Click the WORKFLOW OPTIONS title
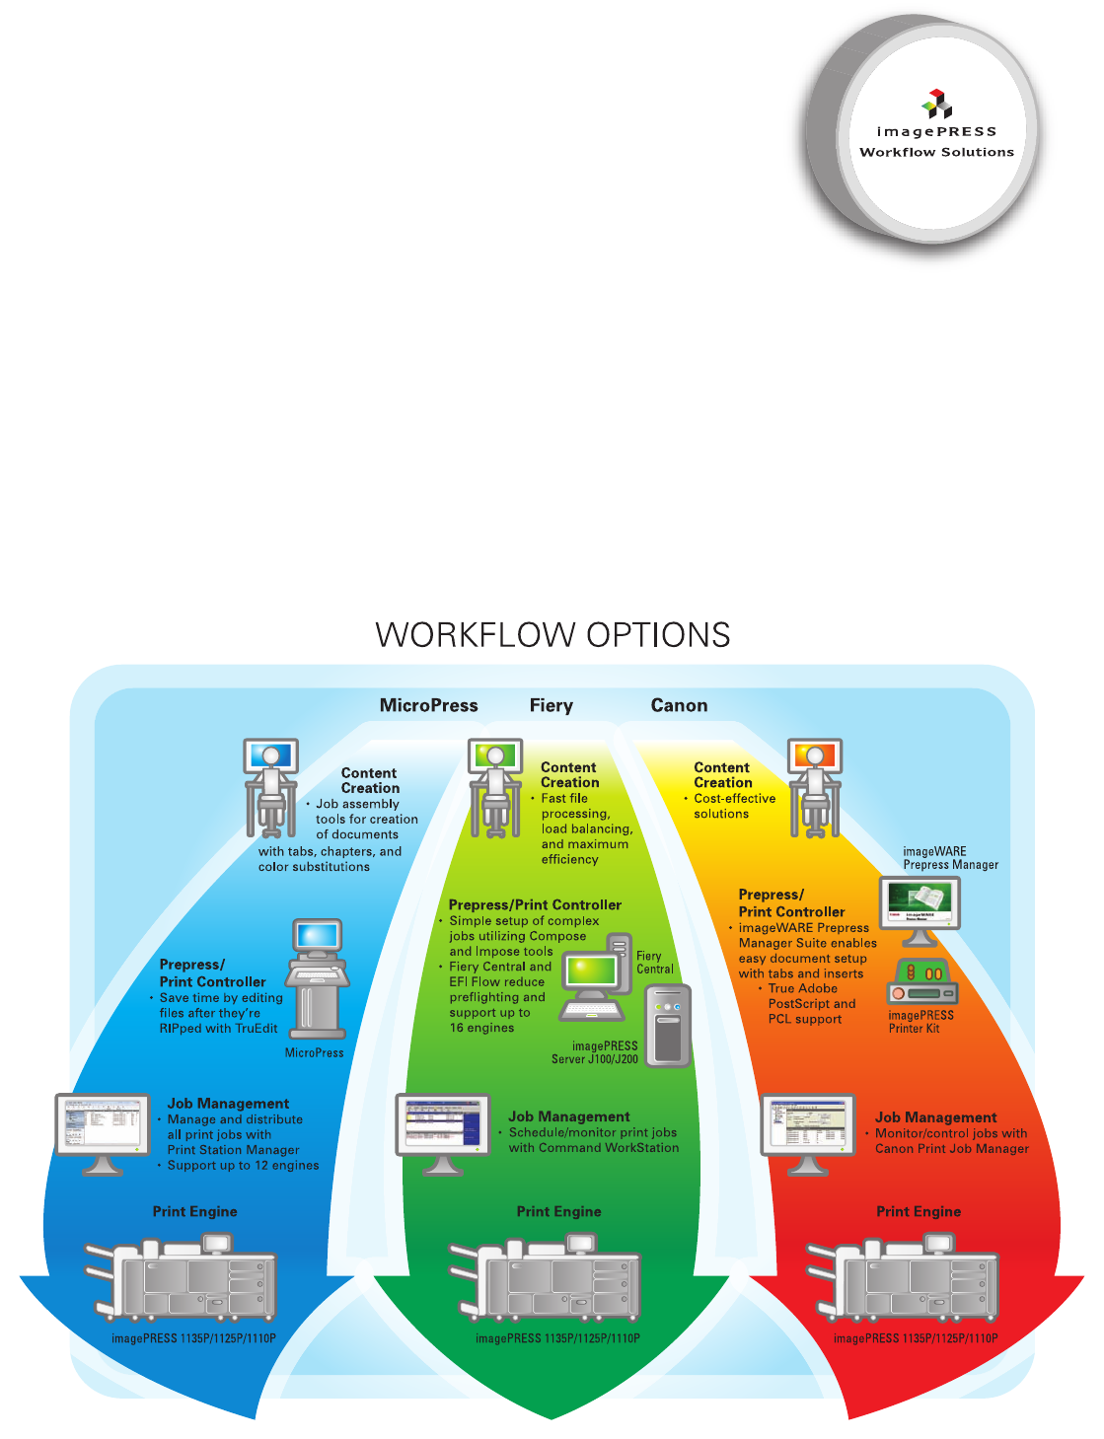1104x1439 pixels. coord(552,634)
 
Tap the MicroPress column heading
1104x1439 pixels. coord(428,705)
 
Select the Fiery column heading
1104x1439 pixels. coord(551,705)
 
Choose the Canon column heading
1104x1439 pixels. coord(679,705)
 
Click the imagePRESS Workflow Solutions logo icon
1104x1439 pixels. coord(937,103)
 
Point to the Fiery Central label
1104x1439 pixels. coord(654,963)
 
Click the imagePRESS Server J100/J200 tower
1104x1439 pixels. coord(668,1026)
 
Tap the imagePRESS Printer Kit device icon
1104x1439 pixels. coord(922,981)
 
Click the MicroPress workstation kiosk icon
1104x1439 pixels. coord(318,976)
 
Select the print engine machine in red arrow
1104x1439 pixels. coord(905,1280)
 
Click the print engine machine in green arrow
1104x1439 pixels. coord(546,1280)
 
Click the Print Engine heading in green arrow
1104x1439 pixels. coord(558,1211)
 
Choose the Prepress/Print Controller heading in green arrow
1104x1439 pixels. coord(535,904)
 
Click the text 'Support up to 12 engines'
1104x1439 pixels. coord(243,1165)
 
